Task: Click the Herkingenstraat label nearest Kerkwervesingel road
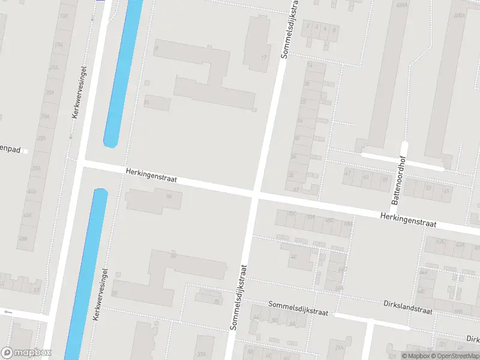151,176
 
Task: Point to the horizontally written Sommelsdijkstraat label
298,308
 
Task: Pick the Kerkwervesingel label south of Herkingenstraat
100,294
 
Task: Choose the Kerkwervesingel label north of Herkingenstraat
80,91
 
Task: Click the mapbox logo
26,353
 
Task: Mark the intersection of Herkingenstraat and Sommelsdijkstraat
254,194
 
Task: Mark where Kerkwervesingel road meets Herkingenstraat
80,163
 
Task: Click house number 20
115,293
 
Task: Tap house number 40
293,256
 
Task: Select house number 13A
64,16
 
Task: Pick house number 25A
50,92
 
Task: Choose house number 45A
28,215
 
